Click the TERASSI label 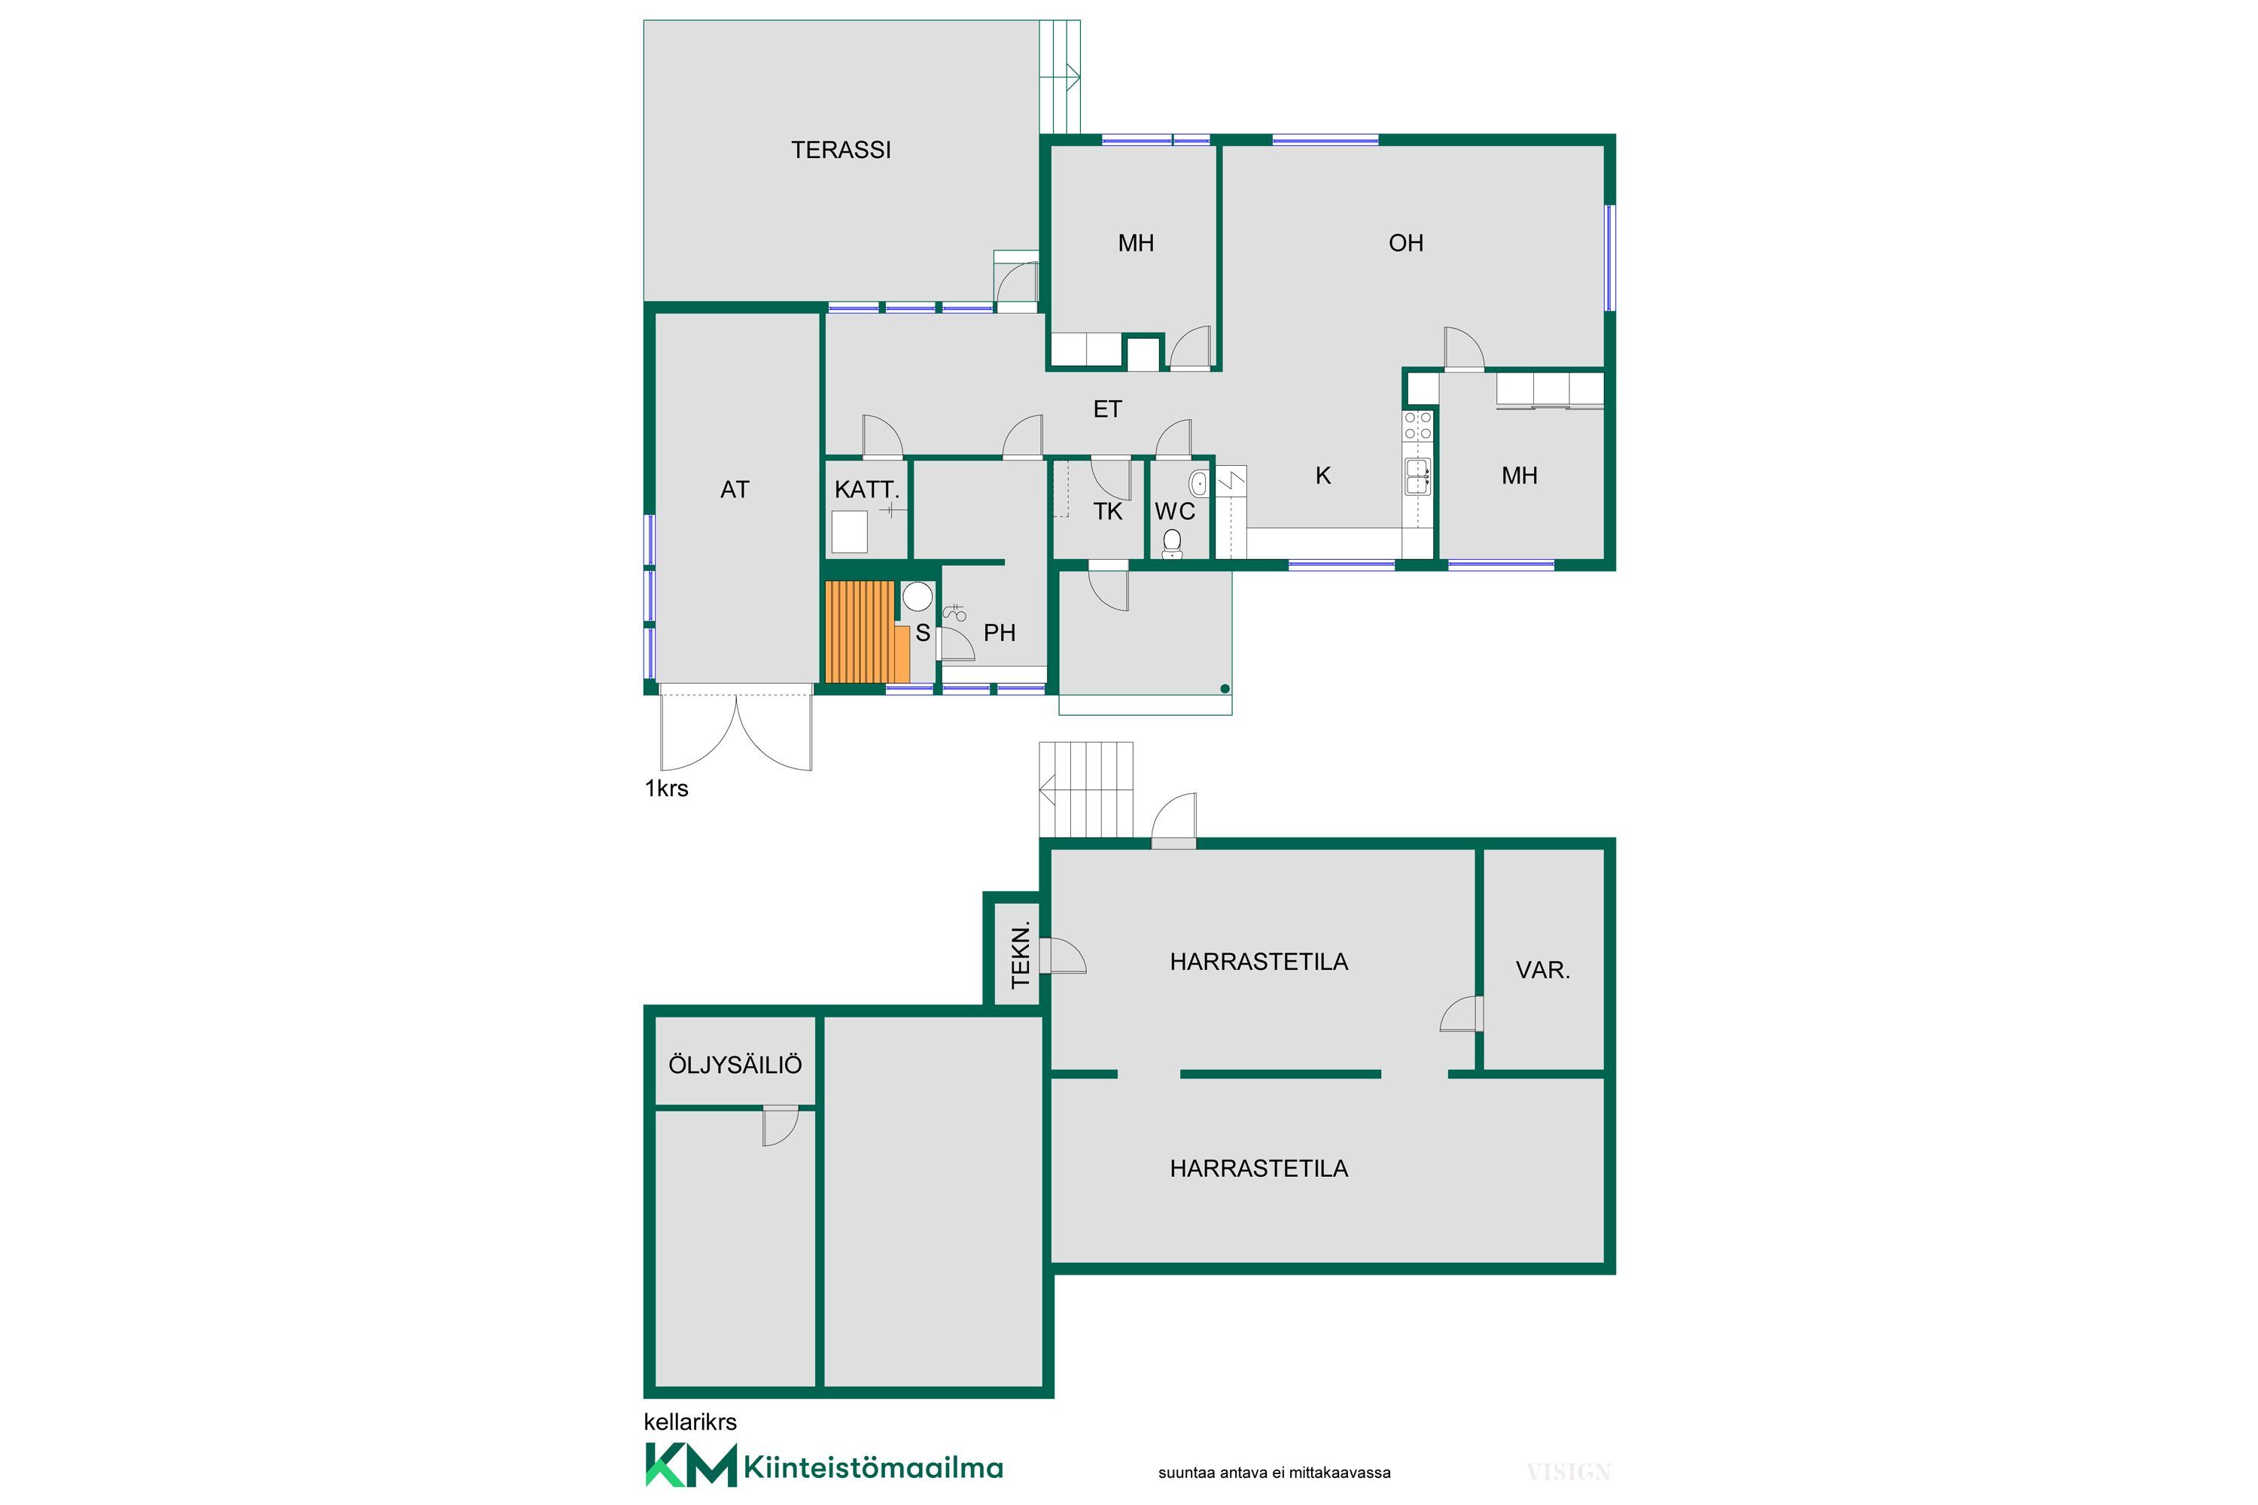(840, 150)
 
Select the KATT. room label (867, 490)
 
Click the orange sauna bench (867, 631)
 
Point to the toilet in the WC (1171, 543)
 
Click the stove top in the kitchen (1418, 425)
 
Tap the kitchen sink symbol (1418, 476)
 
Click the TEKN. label (1021, 954)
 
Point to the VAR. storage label (1543, 971)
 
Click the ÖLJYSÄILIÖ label (735, 1065)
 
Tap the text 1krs (666, 788)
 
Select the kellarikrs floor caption (690, 1421)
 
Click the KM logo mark (690, 1464)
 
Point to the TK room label (1108, 512)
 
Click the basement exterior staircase (1086, 789)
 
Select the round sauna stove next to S (918, 597)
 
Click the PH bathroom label (1000, 633)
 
